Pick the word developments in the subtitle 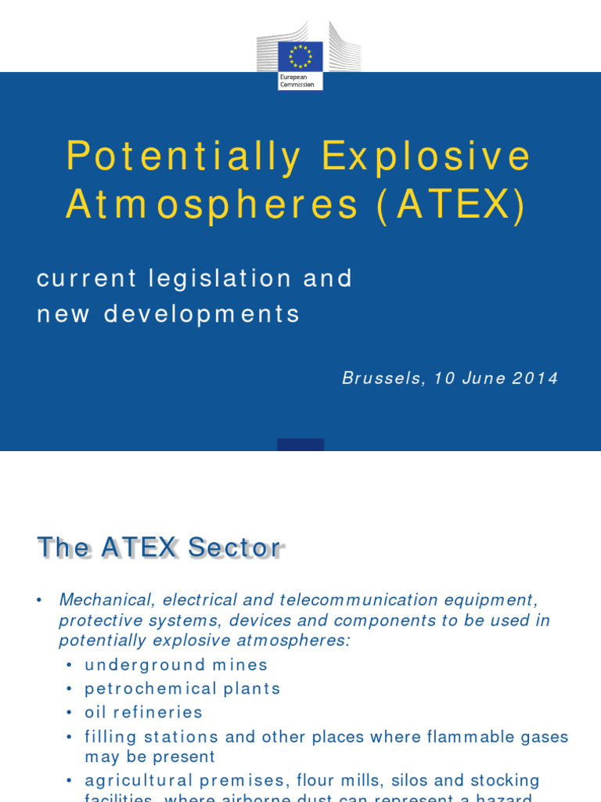point(202,314)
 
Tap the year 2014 point(536,378)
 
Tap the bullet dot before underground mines point(70,666)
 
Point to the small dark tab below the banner point(300,445)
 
